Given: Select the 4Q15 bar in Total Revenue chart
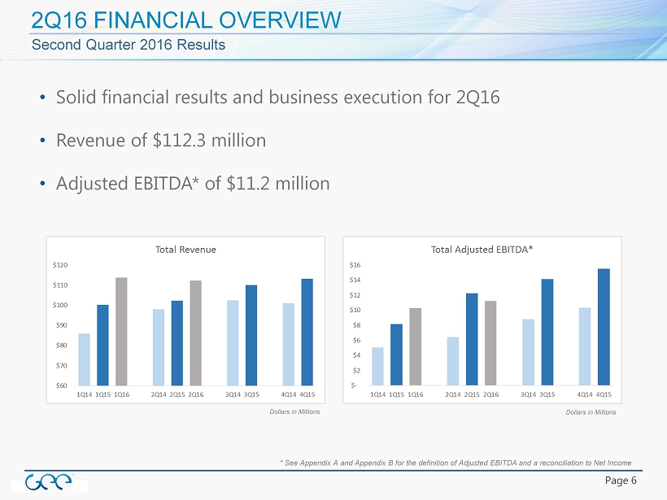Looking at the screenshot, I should [x=307, y=333].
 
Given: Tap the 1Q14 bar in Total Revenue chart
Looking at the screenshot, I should [x=84, y=359].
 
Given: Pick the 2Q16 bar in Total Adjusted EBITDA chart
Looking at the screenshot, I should [x=490, y=343].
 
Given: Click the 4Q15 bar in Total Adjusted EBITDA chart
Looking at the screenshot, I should [x=604, y=327].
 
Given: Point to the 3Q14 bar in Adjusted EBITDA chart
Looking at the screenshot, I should [x=528, y=352].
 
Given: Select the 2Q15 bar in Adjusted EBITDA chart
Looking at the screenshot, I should [x=472, y=339].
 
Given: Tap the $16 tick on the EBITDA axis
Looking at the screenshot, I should [x=357, y=265].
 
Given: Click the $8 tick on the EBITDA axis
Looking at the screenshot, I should [x=357, y=325].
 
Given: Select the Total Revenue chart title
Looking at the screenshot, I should [x=185, y=249].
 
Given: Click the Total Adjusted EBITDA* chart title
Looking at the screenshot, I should [x=482, y=249].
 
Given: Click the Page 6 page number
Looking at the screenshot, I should [x=621, y=480].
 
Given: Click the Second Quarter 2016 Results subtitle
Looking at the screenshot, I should [x=129, y=45].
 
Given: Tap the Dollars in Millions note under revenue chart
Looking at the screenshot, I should [x=294, y=411].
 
